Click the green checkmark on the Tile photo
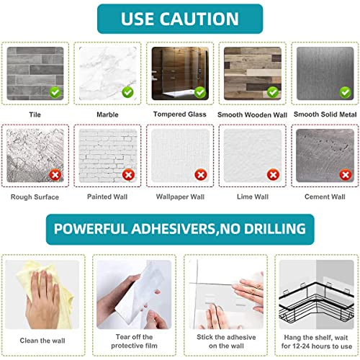point(55,92)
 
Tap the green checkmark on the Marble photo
point(127,92)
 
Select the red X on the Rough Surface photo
point(55,175)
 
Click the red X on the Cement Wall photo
point(346,175)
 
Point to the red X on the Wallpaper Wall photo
point(201,175)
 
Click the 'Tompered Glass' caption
point(180,114)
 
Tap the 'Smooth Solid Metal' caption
point(325,114)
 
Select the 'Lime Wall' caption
point(253,197)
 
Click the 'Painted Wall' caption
point(107,197)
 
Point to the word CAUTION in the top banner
point(199,19)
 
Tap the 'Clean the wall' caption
point(42,341)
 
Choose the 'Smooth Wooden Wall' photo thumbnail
point(253,73)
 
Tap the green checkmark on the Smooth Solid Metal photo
point(346,92)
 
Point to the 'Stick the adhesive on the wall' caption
point(226,341)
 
